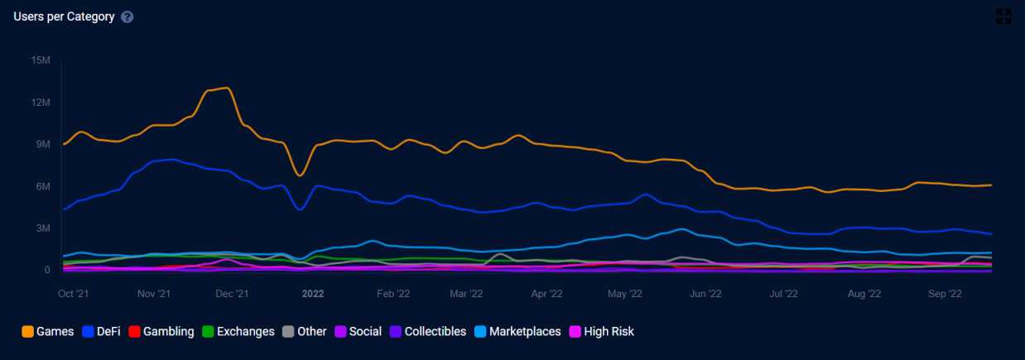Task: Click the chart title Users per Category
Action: (64, 17)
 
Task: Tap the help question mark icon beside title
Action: (127, 17)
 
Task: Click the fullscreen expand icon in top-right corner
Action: (1003, 17)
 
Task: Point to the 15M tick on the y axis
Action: (41, 60)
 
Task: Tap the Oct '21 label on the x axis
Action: (75, 293)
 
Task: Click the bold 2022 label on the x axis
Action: (313, 293)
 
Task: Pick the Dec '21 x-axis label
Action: (233, 293)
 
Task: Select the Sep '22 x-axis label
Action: (945, 293)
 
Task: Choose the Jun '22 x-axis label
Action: (706, 293)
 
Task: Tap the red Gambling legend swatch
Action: (134, 332)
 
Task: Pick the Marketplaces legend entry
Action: (525, 332)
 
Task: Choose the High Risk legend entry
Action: (609, 332)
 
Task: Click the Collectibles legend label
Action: (435, 332)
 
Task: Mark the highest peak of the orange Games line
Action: (224, 88)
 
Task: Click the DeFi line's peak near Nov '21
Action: (171, 159)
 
